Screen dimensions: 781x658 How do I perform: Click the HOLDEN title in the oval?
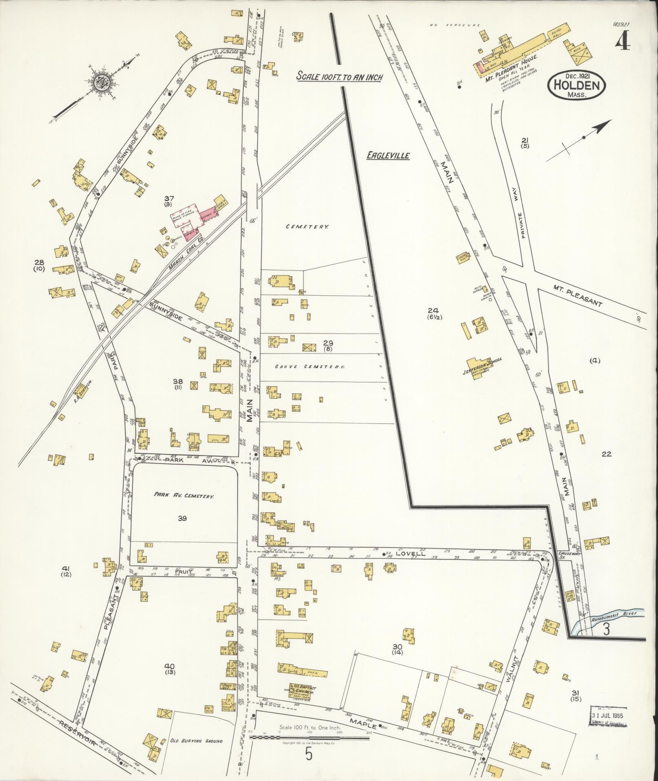point(577,86)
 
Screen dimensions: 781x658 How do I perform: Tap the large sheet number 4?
point(623,41)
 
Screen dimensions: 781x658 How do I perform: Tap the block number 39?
point(182,518)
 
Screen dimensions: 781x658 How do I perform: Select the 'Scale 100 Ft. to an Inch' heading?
point(339,76)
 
